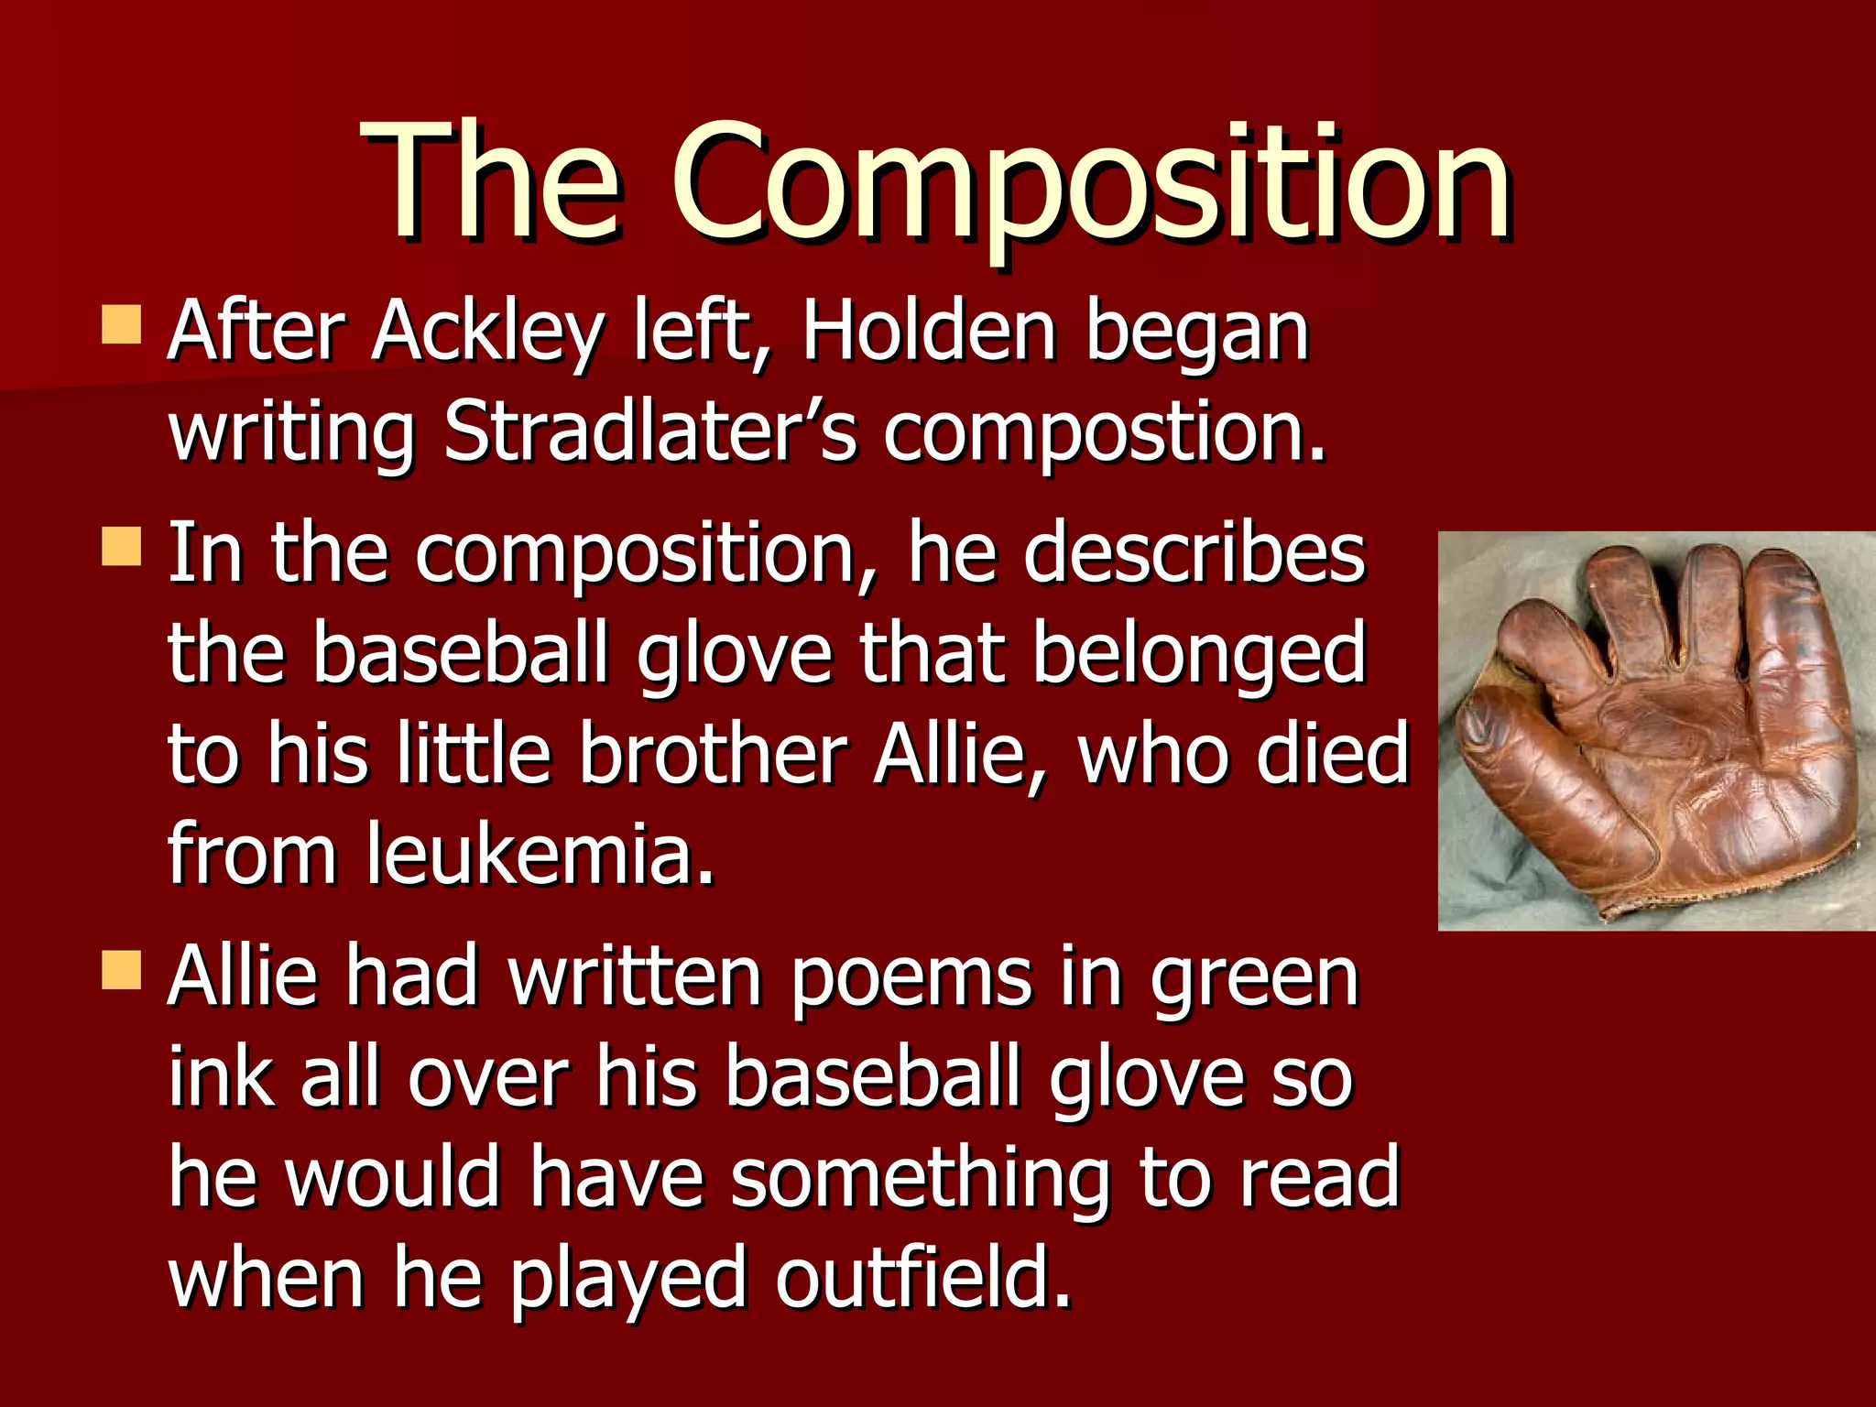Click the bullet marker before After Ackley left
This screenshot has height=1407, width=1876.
tap(121, 325)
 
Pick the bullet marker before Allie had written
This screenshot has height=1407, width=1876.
tap(121, 970)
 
